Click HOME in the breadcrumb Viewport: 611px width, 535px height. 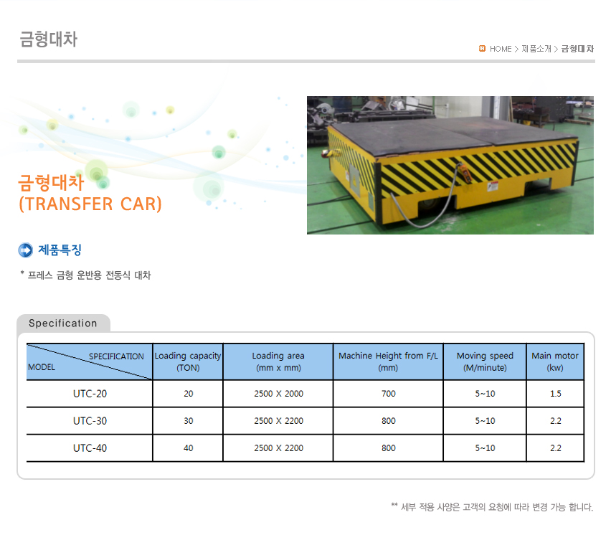click(x=501, y=49)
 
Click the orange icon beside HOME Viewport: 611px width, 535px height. click(x=482, y=48)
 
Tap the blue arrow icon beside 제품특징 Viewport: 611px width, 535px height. click(x=26, y=250)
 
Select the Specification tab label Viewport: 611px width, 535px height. click(x=62, y=323)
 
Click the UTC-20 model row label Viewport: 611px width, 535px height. click(x=90, y=394)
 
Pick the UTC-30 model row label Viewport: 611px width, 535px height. click(x=90, y=421)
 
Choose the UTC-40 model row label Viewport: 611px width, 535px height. click(x=90, y=448)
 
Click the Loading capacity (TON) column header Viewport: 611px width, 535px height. click(x=188, y=361)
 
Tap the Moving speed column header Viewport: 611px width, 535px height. click(x=485, y=361)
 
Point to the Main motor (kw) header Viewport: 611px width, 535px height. click(x=555, y=361)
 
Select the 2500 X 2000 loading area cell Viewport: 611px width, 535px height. click(x=279, y=394)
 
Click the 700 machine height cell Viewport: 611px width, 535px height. click(x=389, y=394)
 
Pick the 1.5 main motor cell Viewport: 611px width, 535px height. click(x=556, y=394)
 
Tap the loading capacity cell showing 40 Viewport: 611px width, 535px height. click(x=188, y=448)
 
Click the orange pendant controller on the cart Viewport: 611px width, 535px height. click(x=465, y=173)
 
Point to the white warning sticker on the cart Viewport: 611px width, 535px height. click(x=493, y=186)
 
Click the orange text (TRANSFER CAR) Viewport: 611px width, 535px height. click(x=90, y=204)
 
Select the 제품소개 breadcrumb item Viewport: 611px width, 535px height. click(x=536, y=49)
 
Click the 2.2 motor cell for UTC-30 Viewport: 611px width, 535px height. click(x=556, y=421)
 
